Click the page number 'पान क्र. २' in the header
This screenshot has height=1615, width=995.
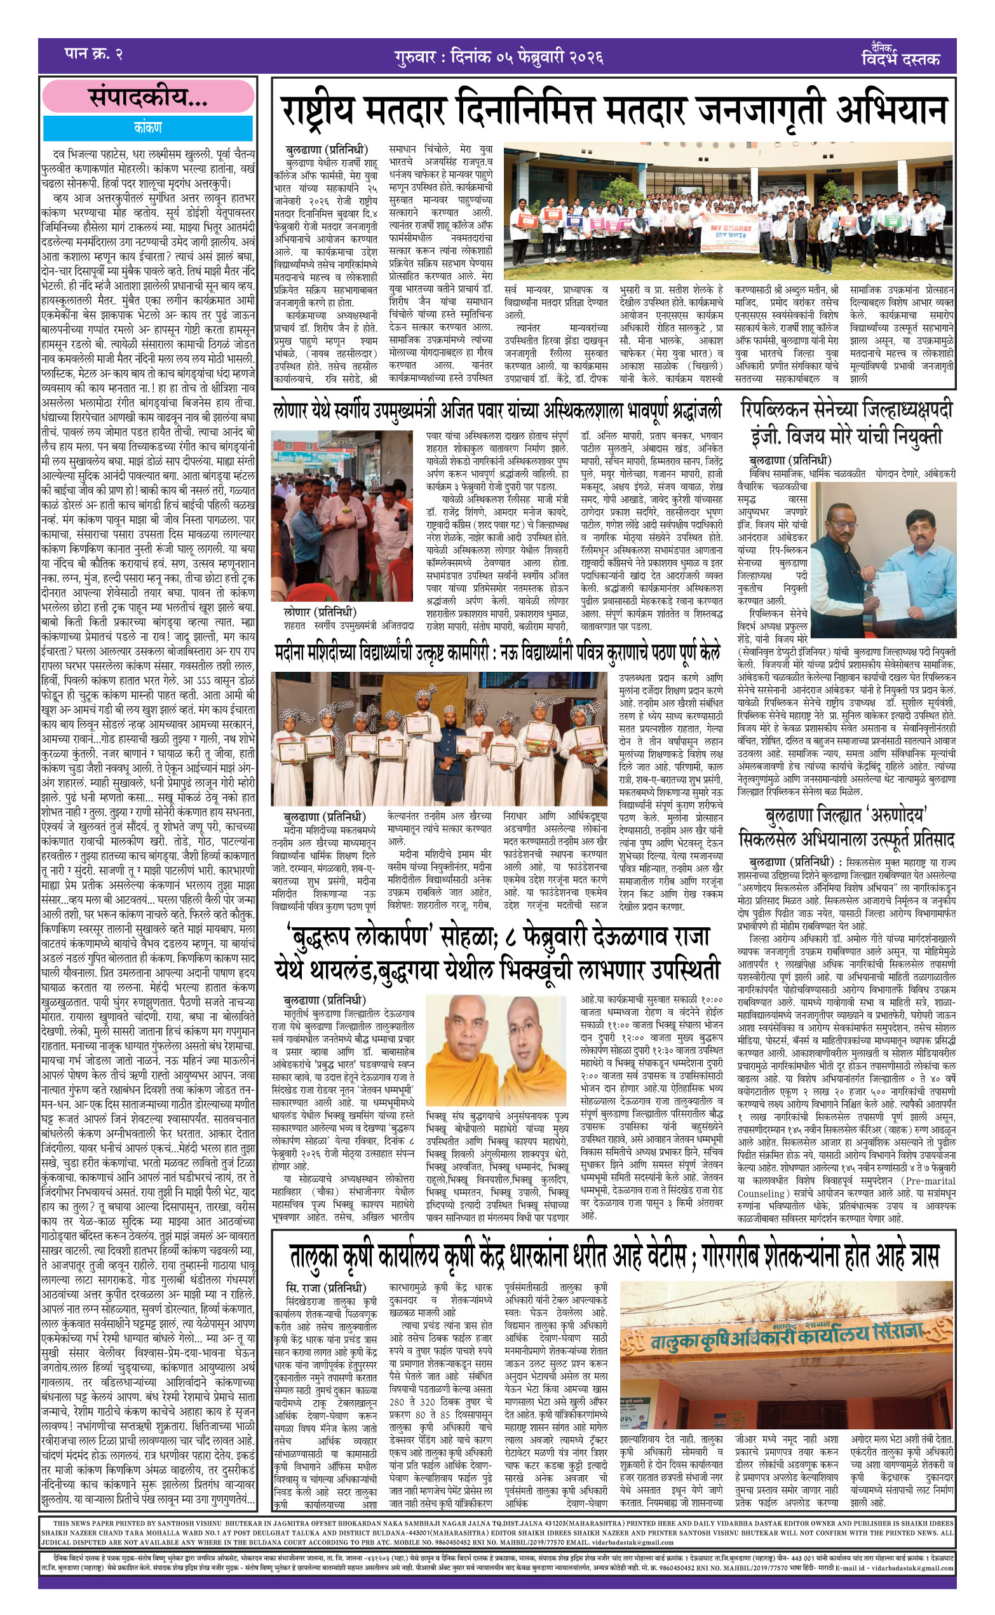click(x=93, y=54)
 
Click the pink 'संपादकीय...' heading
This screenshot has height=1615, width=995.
click(x=148, y=97)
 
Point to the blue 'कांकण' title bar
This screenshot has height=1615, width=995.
click(x=148, y=128)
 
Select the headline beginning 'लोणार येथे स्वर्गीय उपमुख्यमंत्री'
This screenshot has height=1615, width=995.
click(x=497, y=411)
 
